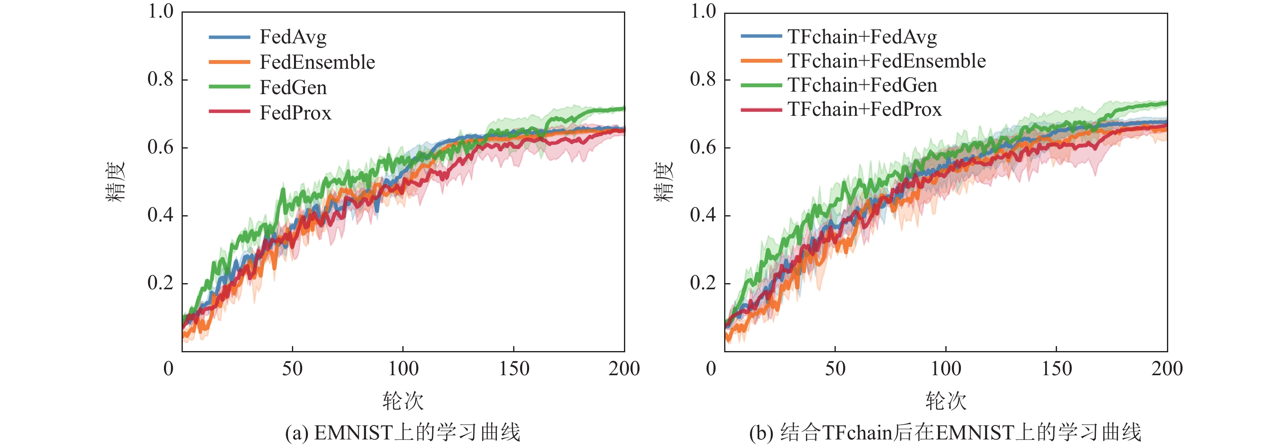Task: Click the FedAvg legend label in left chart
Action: (x=293, y=37)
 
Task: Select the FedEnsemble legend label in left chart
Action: (x=317, y=62)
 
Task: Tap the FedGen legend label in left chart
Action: (x=293, y=88)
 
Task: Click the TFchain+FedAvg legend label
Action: (x=862, y=36)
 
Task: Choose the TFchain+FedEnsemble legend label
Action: (x=886, y=61)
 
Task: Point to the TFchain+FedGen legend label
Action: (x=862, y=85)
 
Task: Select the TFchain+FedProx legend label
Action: (x=864, y=109)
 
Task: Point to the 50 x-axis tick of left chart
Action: (x=292, y=369)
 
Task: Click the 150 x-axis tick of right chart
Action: (x=1057, y=369)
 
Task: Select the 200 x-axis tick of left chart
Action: (x=624, y=369)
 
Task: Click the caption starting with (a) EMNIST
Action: (x=402, y=432)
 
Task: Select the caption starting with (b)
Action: (x=945, y=432)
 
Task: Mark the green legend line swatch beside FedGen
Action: (x=229, y=87)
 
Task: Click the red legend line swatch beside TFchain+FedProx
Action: (x=761, y=110)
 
